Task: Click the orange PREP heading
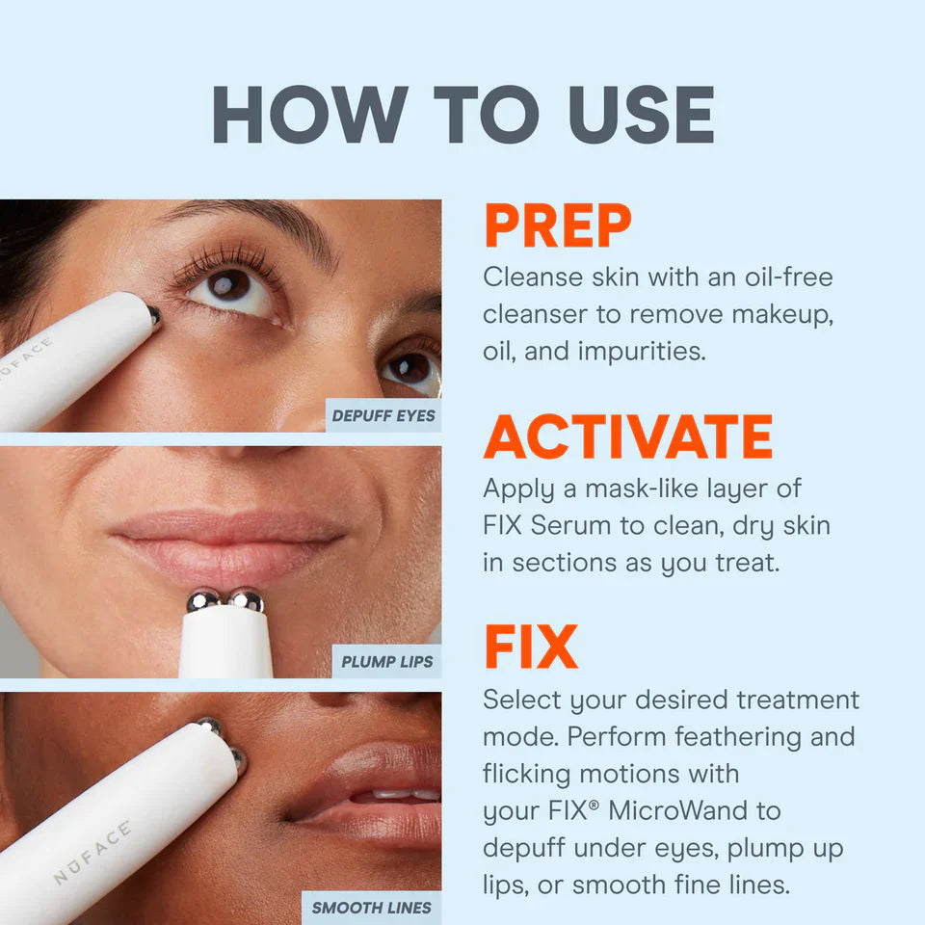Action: point(557,226)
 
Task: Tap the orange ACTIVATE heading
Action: point(628,438)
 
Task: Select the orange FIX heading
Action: point(530,647)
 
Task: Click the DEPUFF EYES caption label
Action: point(383,416)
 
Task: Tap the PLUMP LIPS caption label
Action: point(387,662)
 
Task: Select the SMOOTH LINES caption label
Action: point(372,907)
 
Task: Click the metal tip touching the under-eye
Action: point(154,313)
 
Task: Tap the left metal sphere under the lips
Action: point(203,601)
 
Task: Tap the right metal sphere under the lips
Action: point(247,601)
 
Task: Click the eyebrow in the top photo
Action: point(260,217)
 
